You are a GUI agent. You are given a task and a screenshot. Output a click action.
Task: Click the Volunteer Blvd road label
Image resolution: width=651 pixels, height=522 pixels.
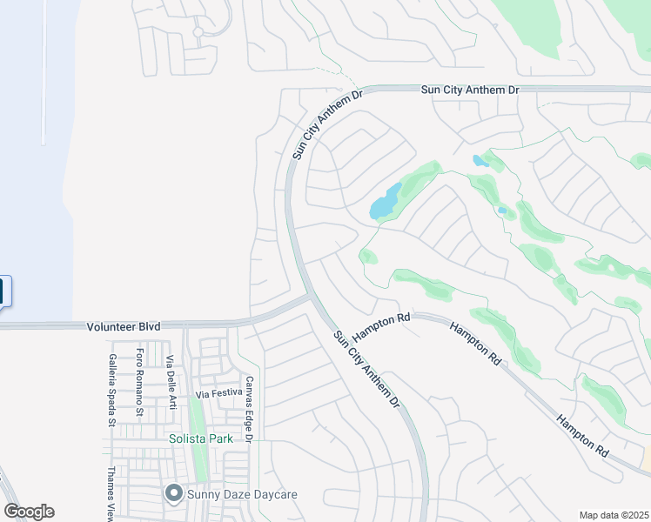click(x=124, y=326)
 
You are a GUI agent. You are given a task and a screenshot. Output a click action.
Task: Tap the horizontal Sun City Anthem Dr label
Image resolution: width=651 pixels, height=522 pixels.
click(x=469, y=89)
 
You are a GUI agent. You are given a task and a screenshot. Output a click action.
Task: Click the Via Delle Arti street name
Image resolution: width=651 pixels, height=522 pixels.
click(x=171, y=383)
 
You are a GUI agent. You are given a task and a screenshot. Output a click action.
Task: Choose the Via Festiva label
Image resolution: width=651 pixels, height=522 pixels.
click(x=218, y=394)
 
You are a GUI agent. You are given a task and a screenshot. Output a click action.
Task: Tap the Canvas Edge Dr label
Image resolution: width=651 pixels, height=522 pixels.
click(x=248, y=409)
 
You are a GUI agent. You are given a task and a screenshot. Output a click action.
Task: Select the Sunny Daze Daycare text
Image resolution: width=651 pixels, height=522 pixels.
click(x=243, y=495)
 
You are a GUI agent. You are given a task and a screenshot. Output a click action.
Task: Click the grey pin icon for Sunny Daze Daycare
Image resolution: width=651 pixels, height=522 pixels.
click(x=172, y=494)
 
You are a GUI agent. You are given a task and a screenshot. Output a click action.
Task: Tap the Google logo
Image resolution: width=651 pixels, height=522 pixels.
click(x=30, y=512)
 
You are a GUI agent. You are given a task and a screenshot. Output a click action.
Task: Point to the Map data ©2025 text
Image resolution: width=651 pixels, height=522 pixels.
click(x=614, y=515)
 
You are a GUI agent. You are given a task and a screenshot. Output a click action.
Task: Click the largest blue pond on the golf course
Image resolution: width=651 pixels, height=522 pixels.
click(x=385, y=203)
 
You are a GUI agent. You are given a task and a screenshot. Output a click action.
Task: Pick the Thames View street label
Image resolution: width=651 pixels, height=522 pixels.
click(x=111, y=505)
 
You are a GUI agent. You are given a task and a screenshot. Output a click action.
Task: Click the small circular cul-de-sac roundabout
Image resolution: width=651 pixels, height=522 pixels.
click(x=198, y=32)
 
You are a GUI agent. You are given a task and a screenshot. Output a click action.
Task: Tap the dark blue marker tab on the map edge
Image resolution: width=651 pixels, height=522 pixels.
click(x=4, y=291)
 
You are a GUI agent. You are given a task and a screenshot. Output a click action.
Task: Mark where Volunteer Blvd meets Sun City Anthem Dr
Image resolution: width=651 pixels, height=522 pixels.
click(x=310, y=298)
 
